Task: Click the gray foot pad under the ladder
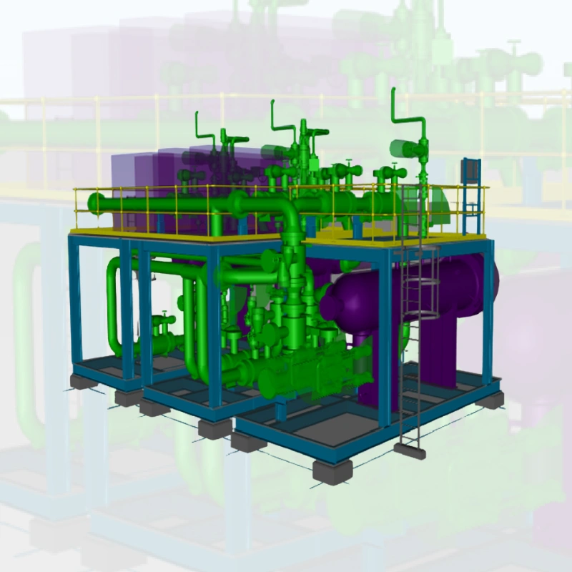[x=410, y=449]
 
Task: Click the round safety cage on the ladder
[x=422, y=286]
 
